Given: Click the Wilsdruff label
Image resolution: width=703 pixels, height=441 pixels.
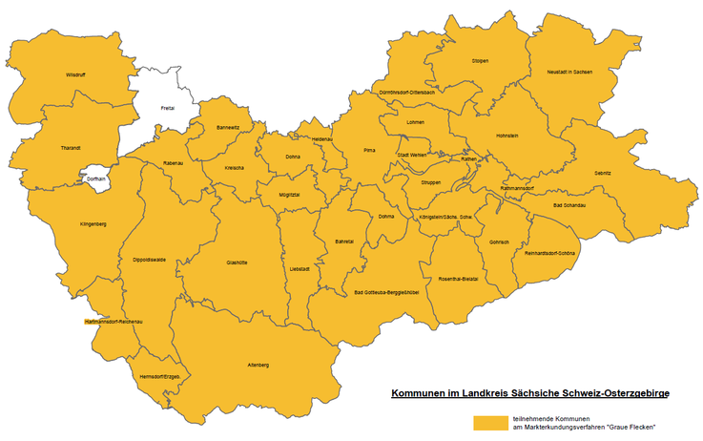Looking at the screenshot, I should (x=75, y=74).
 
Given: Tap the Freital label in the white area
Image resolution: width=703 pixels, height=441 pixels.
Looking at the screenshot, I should (x=168, y=108).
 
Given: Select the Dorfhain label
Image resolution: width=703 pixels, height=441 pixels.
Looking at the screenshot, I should (x=96, y=178).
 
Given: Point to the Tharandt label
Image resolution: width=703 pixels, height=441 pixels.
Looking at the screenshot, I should (x=71, y=148).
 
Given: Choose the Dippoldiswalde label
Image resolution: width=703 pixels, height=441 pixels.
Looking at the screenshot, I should (x=150, y=260).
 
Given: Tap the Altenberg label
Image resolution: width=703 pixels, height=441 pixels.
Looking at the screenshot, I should (x=258, y=366).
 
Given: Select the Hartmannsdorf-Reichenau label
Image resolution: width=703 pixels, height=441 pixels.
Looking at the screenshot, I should (x=114, y=323).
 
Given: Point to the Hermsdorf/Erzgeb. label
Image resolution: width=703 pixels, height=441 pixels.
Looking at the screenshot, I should (x=160, y=376).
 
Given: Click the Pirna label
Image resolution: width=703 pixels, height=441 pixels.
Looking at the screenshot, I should (x=371, y=151).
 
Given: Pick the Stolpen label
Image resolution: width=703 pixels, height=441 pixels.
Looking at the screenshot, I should (x=480, y=60).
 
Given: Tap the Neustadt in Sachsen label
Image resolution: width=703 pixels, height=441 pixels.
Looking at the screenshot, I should (x=569, y=73).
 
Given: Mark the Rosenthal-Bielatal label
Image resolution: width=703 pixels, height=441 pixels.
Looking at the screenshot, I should (x=457, y=278).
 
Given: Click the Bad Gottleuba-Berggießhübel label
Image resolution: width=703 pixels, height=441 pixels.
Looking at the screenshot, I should (x=387, y=292).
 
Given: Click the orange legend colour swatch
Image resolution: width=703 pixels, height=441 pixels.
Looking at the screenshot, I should (x=490, y=421).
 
